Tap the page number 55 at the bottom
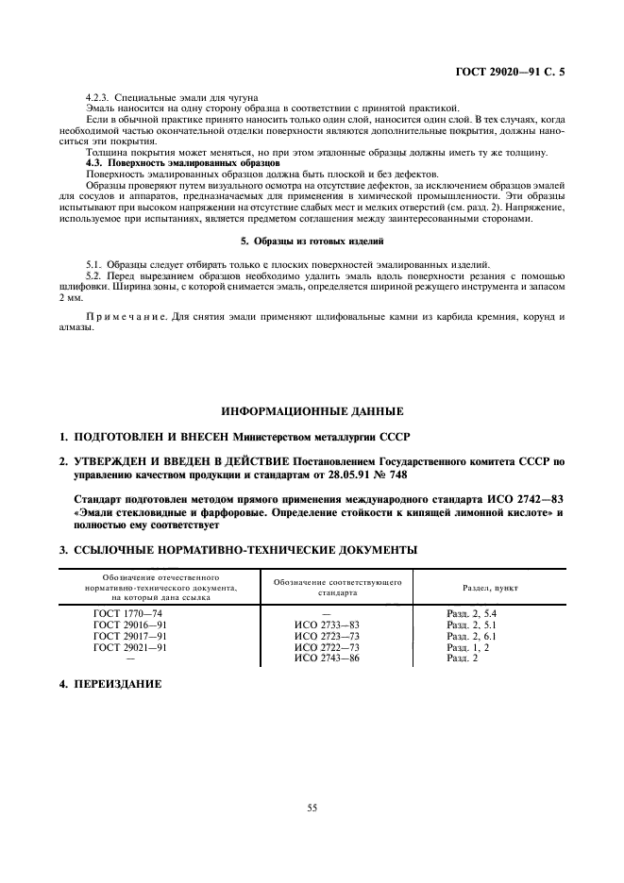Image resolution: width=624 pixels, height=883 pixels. click(312, 806)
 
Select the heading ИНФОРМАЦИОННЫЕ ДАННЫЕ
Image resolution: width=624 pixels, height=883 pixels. click(312, 411)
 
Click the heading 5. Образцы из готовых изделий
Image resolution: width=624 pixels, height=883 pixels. click(312, 241)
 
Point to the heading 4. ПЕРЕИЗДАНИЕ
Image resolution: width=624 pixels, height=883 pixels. click(110, 682)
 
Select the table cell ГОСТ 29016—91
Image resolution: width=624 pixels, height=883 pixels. click(130, 625)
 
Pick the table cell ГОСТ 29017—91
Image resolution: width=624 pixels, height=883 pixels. click(130, 637)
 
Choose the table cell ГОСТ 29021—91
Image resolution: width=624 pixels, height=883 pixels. click(130, 648)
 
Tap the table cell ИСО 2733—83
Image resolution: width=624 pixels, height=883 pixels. click(327, 625)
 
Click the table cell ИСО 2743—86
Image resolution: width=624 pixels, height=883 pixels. click(327, 658)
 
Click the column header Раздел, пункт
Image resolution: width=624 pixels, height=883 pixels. click(489, 588)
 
